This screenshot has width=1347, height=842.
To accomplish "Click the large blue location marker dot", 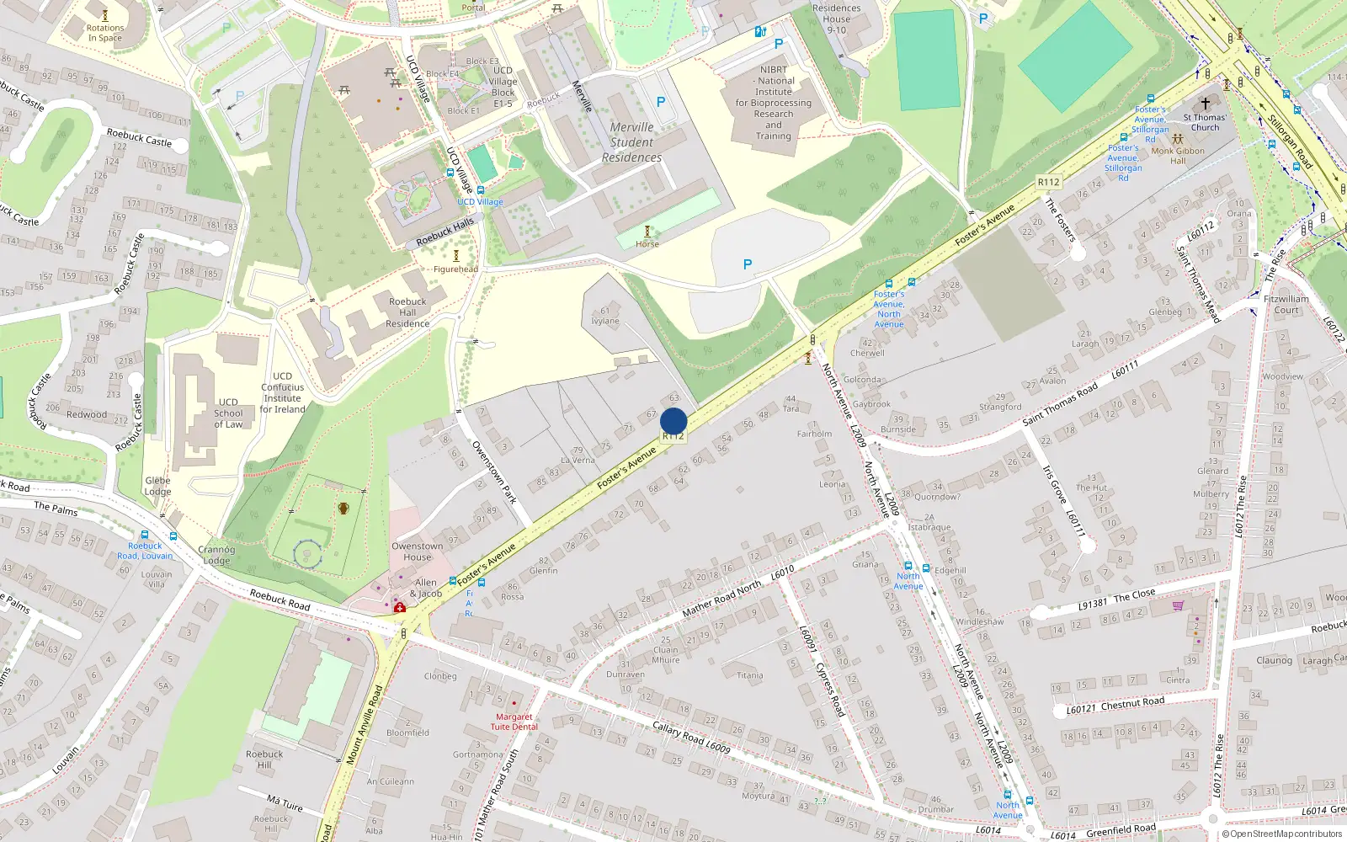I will tap(673, 421).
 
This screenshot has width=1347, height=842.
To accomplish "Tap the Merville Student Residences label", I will tap(631, 142).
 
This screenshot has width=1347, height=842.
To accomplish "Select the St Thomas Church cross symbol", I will tap(1205, 104).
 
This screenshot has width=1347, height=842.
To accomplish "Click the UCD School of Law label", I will tap(228, 413).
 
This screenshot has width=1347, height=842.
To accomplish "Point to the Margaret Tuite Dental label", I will tap(514, 722).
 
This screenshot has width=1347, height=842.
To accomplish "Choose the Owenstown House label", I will tap(417, 552).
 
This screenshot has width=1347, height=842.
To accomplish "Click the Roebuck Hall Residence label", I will tap(407, 312).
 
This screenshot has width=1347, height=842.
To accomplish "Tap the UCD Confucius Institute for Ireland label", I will tap(282, 392).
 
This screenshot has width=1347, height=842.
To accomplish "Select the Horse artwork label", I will tap(647, 244).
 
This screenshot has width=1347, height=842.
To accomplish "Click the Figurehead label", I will tap(455, 269).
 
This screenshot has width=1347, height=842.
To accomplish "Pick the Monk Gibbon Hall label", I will tap(1178, 156).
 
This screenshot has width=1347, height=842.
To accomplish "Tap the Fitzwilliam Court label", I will tap(1286, 304).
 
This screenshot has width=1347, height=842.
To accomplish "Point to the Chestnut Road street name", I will tap(1132, 702).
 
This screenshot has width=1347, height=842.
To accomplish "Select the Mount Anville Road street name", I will tap(365, 724).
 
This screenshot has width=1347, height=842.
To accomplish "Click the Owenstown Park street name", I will tap(494, 472).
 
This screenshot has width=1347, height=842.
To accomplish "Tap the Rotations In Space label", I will tap(105, 33).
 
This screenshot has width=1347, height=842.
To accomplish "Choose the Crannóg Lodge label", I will tap(216, 555).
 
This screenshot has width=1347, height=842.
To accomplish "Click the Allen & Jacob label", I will tap(425, 588).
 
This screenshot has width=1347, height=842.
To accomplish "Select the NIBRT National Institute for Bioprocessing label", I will tap(774, 103).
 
